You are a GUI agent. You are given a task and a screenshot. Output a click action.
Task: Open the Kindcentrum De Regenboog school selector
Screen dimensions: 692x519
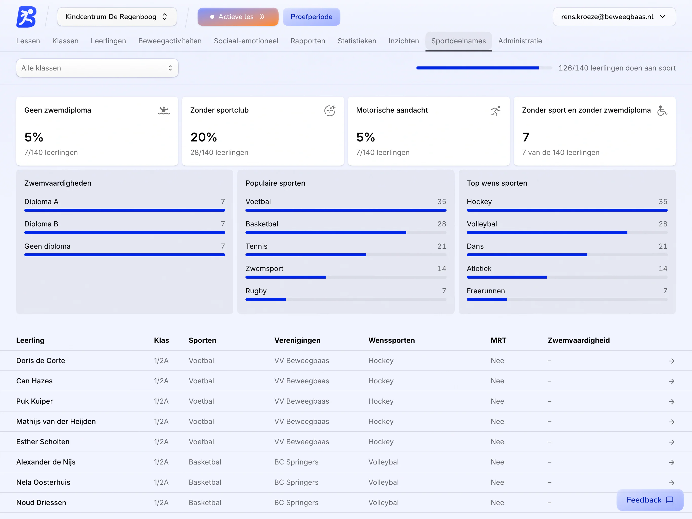pyautogui.click(x=117, y=16)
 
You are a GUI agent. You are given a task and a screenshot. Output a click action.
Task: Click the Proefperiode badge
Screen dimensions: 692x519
pyautogui.click(x=311, y=16)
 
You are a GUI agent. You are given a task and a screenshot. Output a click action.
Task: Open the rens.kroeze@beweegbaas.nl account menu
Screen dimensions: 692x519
pyautogui.click(x=614, y=16)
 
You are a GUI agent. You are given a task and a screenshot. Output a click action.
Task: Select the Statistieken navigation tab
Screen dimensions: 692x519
pyautogui.click(x=357, y=41)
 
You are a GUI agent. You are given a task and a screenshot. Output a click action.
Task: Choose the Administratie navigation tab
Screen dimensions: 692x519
pyautogui.click(x=520, y=41)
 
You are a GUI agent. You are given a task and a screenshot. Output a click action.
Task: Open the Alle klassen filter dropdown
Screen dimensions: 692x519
pyautogui.click(x=97, y=68)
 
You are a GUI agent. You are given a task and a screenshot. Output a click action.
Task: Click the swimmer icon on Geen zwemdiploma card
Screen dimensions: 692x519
pyautogui.click(x=164, y=111)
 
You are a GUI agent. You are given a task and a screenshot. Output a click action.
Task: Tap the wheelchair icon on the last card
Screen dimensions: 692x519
pyautogui.click(x=662, y=111)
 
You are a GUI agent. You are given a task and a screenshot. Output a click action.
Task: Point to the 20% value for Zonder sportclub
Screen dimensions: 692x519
pyautogui.click(x=204, y=137)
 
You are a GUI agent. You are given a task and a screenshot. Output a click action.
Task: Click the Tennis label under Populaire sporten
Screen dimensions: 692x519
pyautogui.click(x=256, y=246)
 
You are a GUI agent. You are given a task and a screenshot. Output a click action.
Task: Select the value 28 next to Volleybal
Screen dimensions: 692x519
pyautogui.click(x=663, y=224)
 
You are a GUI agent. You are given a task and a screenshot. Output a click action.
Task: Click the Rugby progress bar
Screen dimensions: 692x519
pyautogui.click(x=346, y=299)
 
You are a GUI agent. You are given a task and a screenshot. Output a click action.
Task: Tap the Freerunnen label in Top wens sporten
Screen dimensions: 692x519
pyautogui.click(x=486, y=291)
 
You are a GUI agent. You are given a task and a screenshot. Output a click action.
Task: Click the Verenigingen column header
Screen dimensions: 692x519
pyautogui.click(x=297, y=341)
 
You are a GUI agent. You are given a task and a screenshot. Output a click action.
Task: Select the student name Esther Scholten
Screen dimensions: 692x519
pyautogui.click(x=43, y=442)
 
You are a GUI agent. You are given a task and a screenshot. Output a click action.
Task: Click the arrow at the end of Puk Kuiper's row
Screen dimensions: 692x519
pyautogui.click(x=671, y=402)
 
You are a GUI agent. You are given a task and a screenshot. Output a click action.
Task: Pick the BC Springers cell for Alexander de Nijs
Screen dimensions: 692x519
pyautogui.click(x=296, y=462)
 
